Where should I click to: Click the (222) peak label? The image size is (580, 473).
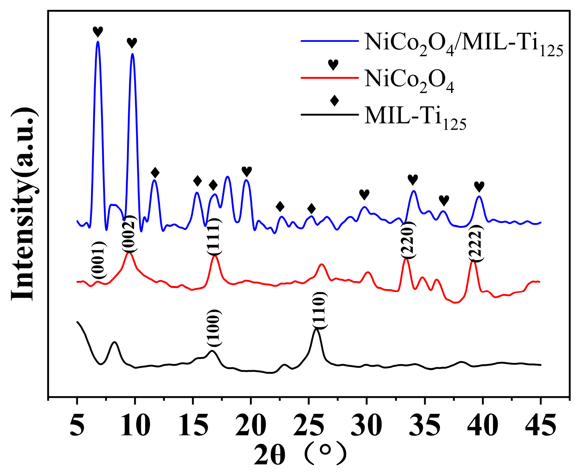coord(475,243)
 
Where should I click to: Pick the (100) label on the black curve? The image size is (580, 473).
coord(214,328)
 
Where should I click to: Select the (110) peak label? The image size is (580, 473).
coord(320,310)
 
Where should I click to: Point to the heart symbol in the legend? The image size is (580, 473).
coord(333,65)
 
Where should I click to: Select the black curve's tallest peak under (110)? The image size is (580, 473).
coord(317,329)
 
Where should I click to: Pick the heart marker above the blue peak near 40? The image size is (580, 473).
coord(479,187)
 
